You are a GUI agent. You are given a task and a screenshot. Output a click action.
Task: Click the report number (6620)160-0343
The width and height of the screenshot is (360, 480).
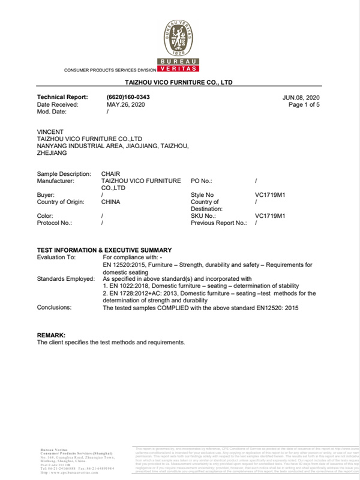point(128,97)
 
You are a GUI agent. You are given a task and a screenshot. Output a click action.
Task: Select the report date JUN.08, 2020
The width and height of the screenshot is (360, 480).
point(301,97)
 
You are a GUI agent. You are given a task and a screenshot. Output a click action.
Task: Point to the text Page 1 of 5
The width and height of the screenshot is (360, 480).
point(304,104)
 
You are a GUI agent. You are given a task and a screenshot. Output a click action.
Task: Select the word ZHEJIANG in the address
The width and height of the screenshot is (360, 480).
point(52,153)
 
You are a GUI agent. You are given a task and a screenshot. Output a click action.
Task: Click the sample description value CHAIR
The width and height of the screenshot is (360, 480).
point(111,173)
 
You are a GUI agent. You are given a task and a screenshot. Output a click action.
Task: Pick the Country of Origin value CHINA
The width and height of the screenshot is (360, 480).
point(111,202)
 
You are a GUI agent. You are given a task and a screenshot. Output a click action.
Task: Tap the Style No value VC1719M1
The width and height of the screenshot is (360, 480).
point(271,195)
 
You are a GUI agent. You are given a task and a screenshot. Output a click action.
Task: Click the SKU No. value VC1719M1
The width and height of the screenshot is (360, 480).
point(271,215)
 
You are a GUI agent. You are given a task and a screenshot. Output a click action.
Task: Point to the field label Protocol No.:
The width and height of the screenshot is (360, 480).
point(55,223)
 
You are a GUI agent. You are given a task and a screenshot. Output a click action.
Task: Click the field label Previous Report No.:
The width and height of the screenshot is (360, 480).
point(218,223)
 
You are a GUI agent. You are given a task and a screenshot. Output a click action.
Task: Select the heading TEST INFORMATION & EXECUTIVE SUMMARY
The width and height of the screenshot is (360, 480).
point(104,250)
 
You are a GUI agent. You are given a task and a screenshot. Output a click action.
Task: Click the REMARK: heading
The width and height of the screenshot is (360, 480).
point(52,335)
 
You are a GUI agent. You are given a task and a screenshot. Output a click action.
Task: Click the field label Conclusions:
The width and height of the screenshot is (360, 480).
point(54,307)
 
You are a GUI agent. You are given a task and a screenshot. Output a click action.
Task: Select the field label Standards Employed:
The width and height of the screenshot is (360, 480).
point(65,279)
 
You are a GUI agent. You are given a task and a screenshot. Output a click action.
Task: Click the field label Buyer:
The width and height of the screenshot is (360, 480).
point(46,195)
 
